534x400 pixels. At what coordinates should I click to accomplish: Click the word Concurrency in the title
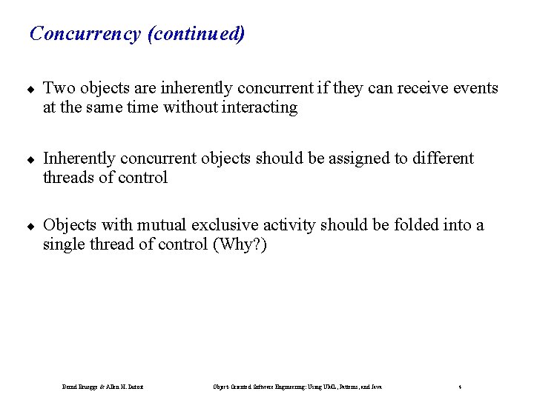[85, 34]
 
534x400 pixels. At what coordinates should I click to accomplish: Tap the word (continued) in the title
[196, 34]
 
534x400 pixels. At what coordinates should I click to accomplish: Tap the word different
[437, 159]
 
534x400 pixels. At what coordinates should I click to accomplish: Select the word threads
[68, 178]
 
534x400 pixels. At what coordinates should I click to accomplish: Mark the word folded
[401, 225]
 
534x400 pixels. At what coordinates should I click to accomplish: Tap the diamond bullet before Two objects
[31, 89]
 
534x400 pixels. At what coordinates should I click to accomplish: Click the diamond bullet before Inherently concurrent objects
[31, 159]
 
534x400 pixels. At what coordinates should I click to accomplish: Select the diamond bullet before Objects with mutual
[31, 226]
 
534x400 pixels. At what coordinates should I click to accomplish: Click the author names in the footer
[102, 387]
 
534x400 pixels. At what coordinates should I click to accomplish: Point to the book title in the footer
[297, 387]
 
